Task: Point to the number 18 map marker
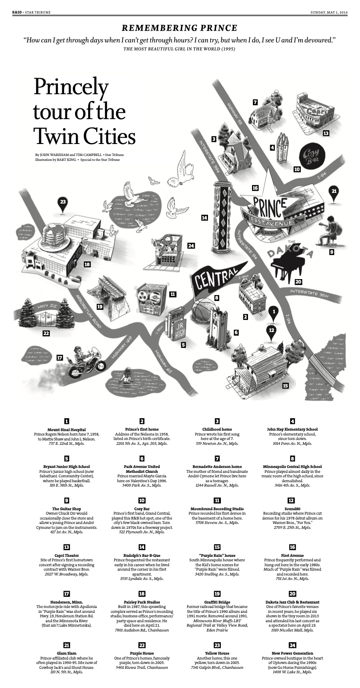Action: [x=87, y=264]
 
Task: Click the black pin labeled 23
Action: [x=63, y=203]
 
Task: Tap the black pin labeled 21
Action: [x=334, y=192]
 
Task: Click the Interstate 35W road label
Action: [x=311, y=291]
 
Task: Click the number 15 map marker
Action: [x=285, y=385]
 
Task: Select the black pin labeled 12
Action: [x=272, y=332]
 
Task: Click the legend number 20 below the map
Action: [x=292, y=594]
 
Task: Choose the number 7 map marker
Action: [x=255, y=102]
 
